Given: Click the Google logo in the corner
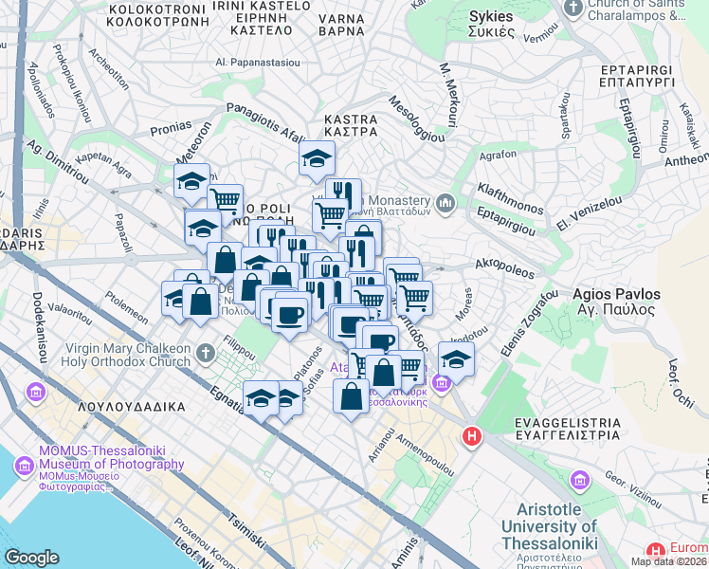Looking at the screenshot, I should point(31,558).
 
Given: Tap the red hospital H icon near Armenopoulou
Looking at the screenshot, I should point(471,437).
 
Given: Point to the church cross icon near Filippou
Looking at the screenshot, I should point(208,355).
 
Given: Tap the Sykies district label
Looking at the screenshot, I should point(491,17).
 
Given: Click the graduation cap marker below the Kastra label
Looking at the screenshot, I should point(317,159).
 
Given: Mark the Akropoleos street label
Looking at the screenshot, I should point(500,259).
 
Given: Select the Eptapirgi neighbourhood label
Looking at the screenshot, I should point(642,77).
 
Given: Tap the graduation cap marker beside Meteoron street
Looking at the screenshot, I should point(192,178).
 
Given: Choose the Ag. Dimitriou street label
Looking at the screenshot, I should point(57,162).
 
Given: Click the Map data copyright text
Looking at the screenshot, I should point(669,561).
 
